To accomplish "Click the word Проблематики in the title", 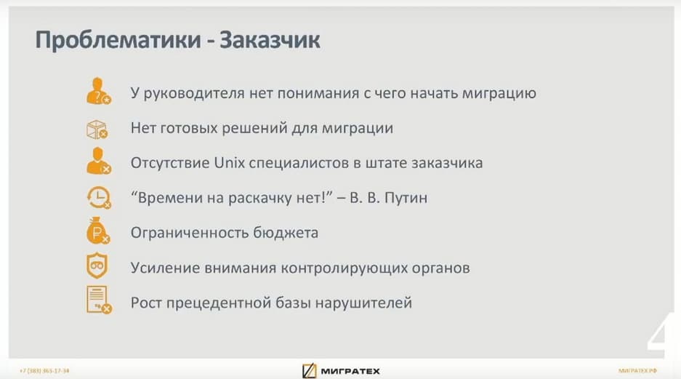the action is pos(118,40).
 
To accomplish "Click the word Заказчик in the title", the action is pos(270,40).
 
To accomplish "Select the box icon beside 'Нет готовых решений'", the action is pos(97,129).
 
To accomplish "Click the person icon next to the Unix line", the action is pos(99,161).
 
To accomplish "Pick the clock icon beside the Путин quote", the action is pos(99,198).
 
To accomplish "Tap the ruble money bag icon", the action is pos(98,231).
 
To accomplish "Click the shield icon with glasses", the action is pos(97,265).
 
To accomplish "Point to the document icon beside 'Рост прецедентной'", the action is pos(99,300).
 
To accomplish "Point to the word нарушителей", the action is pos(363,303).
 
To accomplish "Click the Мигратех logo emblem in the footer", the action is pos(309,371).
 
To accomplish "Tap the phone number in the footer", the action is pos(44,371).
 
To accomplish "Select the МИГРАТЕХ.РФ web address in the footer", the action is pos(637,371).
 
